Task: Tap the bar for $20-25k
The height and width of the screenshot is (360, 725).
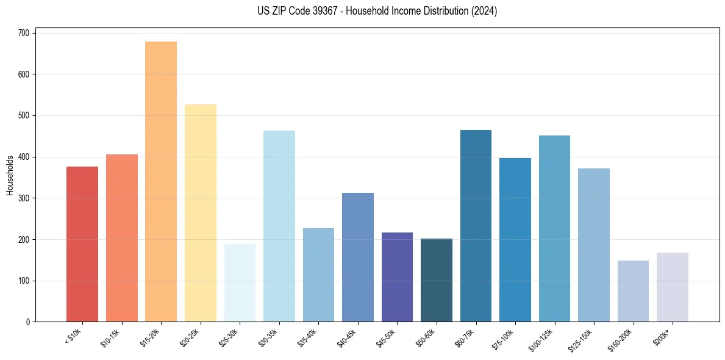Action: [201, 213]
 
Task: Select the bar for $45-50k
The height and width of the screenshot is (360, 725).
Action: [397, 277]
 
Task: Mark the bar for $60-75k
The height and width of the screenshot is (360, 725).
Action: [476, 226]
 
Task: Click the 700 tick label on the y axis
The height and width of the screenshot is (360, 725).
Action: [23, 33]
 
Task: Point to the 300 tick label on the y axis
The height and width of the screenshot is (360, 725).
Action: [23, 198]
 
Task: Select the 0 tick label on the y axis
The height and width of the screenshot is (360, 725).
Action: [27, 322]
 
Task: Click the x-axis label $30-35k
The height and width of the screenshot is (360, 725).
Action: [268, 337]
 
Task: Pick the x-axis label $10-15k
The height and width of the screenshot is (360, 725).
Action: [111, 337]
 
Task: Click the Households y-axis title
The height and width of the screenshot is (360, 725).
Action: [10, 175]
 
